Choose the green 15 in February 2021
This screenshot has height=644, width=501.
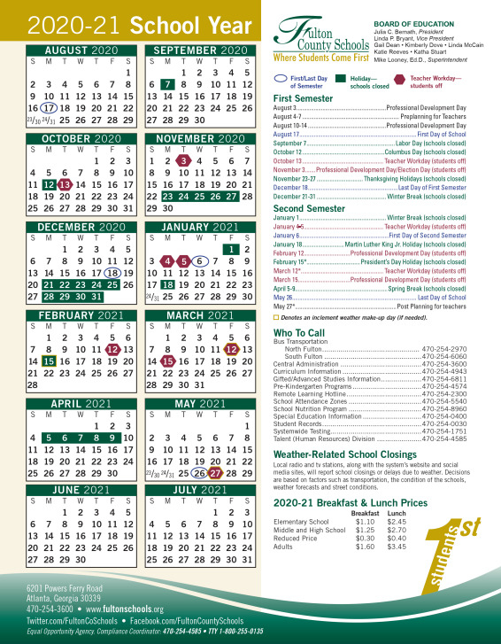click(x=49, y=361)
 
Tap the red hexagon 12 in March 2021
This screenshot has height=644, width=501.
click(x=232, y=349)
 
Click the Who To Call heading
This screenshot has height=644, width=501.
click(x=298, y=333)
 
